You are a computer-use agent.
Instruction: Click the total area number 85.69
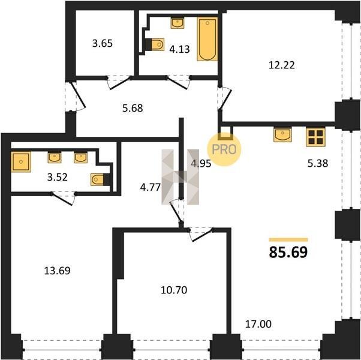point(288,252)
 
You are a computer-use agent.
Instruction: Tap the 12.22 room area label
point(282,65)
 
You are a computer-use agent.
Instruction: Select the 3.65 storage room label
point(103,43)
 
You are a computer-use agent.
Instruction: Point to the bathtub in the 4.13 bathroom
point(207,39)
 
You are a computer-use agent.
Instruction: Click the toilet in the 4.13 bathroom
point(155,44)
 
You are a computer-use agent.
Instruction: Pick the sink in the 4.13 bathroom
point(178,23)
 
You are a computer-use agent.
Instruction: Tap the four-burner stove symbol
point(315,137)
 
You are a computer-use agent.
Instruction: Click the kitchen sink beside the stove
point(282,135)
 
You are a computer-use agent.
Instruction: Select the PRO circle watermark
point(224,149)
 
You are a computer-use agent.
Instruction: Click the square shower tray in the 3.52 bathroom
point(21,162)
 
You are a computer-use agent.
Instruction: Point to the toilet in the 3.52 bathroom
point(100,179)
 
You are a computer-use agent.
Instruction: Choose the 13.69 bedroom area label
point(57,271)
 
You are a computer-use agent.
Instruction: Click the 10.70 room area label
point(174,290)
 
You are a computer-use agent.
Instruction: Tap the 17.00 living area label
point(258,324)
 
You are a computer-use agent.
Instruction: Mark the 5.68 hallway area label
point(133,108)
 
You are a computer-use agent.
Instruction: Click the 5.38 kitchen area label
point(318,163)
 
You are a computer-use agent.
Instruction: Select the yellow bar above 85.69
point(288,240)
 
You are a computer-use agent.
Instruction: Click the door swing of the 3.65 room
point(119,83)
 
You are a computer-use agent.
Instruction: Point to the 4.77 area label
point(150,187)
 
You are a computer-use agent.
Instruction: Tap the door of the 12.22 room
point(225,98)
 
